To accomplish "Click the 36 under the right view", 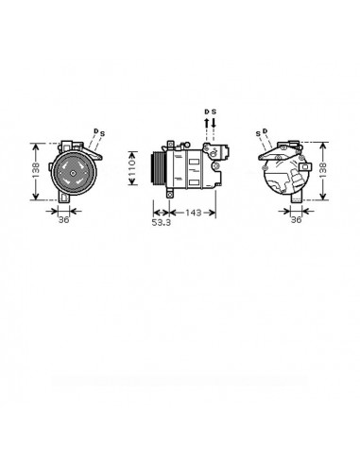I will coord(295,220).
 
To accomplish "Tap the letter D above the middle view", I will coord(206,112).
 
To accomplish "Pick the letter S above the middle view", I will coord(214,112).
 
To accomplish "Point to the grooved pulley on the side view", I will coord(156,171).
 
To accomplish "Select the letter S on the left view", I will coord(102,132).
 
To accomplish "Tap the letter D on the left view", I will coord(94,129).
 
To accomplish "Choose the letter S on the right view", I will coord(257,132).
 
